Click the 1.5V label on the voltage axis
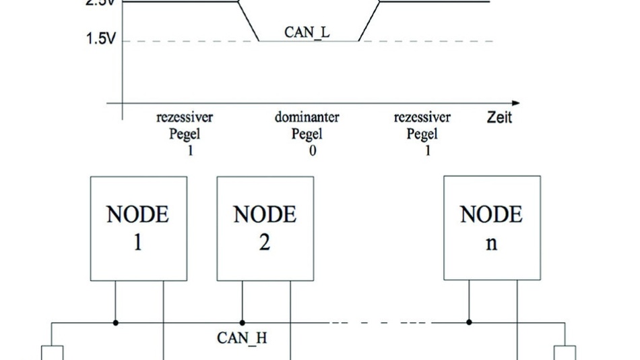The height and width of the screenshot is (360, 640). click(x=100, y=39)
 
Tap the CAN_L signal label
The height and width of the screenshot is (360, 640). click(x=307, y=32)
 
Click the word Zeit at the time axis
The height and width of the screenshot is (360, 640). click(x=499, y=117)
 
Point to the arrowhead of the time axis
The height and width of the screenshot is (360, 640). click(x=515, y=103)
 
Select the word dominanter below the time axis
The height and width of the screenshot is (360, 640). click(x=307, y=117)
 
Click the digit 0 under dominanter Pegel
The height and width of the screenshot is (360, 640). click(x=312, y=150)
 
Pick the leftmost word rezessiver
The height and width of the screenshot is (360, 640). click(x=185, y=117)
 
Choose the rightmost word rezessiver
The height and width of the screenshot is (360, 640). click(x=422, y=117)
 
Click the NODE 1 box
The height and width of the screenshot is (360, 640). click(x=139, y=229)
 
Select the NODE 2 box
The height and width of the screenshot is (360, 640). click(x=265, y=229)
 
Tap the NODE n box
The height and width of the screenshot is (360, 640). click(x=492, y=229)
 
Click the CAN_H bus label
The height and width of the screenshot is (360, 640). click(x=242, y=337)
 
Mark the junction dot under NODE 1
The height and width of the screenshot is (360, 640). click(x=116, y=323)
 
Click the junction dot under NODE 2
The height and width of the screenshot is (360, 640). click(x=243, y=323)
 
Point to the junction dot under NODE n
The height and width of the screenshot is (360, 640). click(x=469, y=323)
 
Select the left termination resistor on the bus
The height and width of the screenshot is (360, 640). click(x=53, y=353)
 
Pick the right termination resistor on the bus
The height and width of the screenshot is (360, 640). click(x=565, y=353)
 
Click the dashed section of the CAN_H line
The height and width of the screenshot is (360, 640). click(x=377, y=323)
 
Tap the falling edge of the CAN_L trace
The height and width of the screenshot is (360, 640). click(x=249, y=21)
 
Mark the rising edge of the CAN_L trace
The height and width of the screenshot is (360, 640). click(x=369, y=21)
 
